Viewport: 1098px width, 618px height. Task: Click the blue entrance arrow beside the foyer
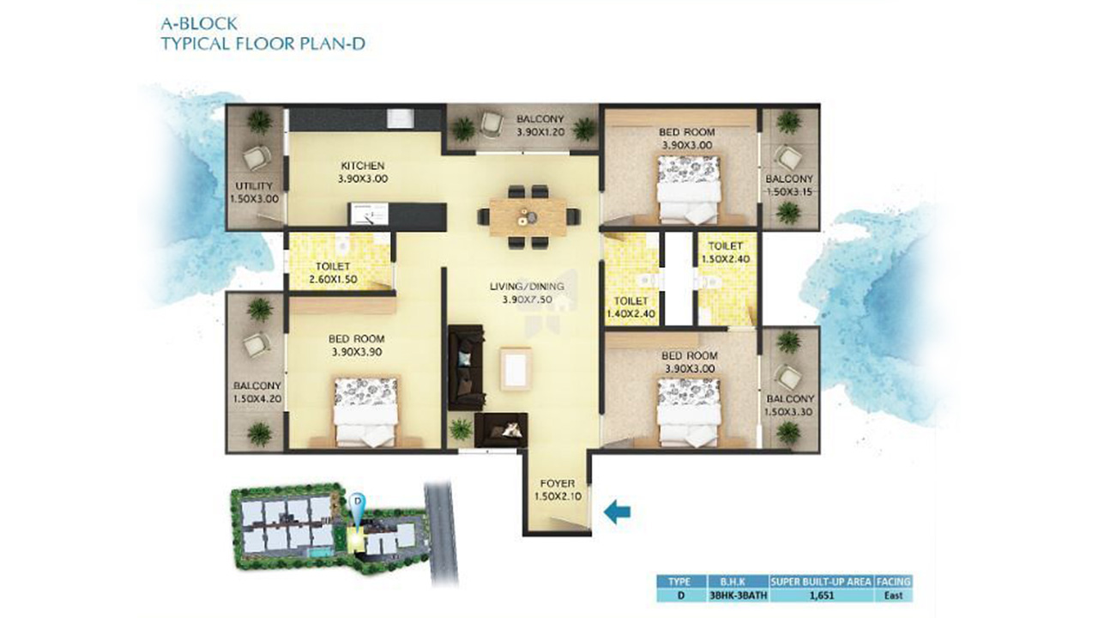(617, 512)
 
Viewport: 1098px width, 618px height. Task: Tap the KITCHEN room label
(363, 166)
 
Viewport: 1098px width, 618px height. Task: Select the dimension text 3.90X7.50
(527, 300)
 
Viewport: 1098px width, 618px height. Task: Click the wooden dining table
(528, 217)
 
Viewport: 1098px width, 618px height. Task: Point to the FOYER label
(558, 483)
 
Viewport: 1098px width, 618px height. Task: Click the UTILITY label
(254, 186)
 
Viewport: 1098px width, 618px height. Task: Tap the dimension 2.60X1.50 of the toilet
(333, 280)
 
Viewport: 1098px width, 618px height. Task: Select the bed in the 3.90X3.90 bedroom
(366, 412)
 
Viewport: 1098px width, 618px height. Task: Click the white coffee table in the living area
(516, 369)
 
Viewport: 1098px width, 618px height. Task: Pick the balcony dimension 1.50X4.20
(257, 399)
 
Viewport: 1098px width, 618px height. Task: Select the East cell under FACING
(893, 596)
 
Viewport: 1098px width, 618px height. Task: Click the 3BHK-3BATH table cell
(738, 596)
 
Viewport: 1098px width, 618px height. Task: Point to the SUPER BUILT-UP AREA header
(821, 582)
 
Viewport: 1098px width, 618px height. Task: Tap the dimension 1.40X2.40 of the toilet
(630, 314)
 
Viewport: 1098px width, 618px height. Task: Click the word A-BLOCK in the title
(199, 23)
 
